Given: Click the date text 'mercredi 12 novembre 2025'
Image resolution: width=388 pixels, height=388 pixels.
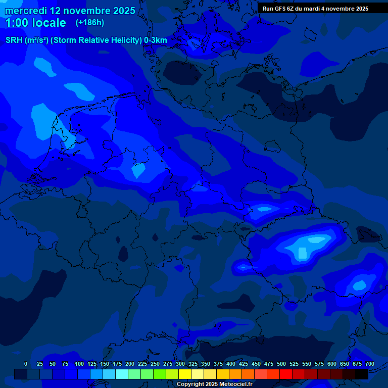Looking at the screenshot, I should point(70,11).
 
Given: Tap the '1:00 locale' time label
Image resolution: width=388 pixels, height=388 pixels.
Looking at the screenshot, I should point(35,23).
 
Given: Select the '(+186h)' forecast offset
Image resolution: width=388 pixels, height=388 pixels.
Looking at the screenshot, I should point(89,23).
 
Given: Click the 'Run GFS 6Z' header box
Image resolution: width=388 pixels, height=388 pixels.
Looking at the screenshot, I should point(315,9).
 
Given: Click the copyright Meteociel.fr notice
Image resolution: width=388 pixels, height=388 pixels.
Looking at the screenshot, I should point(214,384).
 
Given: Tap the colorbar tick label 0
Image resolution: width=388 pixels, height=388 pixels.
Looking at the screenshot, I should point(26,364).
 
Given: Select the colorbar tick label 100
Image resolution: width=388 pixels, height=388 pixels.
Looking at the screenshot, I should point(79,364).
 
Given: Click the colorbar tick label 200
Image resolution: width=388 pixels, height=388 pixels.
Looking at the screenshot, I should point(130,364).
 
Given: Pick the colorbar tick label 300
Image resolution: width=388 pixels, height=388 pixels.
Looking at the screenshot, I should point(180,364).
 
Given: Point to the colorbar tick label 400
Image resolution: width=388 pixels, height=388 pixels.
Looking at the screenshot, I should point(231,364).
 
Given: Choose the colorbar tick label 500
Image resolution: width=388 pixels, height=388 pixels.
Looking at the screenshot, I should point(281,364).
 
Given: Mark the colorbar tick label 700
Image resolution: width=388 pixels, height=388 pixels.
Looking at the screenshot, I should point(370,364).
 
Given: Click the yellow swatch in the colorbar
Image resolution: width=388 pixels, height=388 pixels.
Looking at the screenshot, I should point(185,374).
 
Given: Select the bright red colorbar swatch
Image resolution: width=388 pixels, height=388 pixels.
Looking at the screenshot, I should point(286,374).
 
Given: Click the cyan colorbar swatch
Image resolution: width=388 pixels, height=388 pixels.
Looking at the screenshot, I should point(122,374).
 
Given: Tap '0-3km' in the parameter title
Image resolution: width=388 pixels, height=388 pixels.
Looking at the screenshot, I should point(156,40).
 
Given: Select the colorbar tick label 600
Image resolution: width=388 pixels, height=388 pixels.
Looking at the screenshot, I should point(332,364).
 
